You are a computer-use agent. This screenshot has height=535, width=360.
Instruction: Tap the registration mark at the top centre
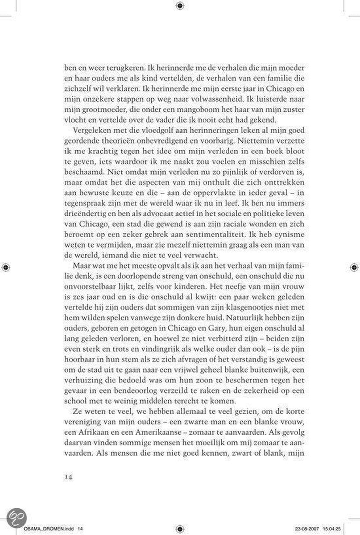point(179,6)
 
